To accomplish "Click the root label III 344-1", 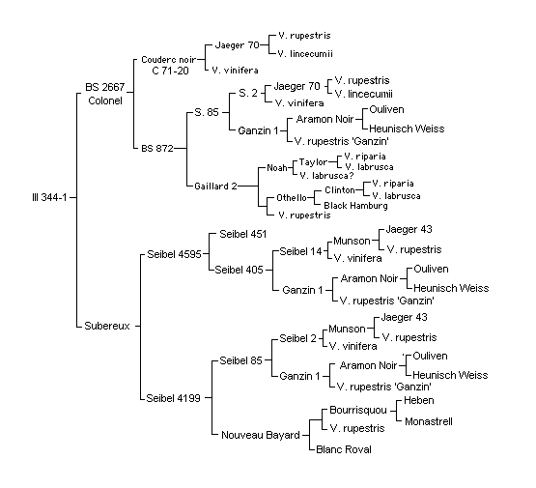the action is [x=49, y=197].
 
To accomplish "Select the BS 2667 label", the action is [x=105, y=87].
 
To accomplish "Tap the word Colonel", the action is [x=105, y=100].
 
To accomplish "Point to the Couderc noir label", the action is [x=168, y=60].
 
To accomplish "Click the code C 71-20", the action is [x=170, y=71].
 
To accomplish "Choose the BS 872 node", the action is [x=157, y=149].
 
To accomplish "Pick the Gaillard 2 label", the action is [x=215, y=187].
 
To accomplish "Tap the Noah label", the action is [x=277, y=168].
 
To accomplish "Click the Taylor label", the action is [x=314, y=162].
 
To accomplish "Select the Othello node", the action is [x=292, y=198].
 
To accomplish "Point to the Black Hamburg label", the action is [x=355, y=206].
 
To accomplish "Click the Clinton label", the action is [x=340, y=189].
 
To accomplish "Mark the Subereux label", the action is [x=107, y=326].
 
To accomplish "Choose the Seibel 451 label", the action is [x=242, y=234].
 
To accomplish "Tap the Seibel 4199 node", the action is [x=173, y=398].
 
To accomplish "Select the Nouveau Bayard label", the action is [x=261, y=435].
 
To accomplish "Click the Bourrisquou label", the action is [x=358, y=410].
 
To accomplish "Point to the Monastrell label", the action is [x=429, y=421].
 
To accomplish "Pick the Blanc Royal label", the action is [x=344, y=449].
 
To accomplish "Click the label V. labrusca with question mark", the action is [x=326, y=176].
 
